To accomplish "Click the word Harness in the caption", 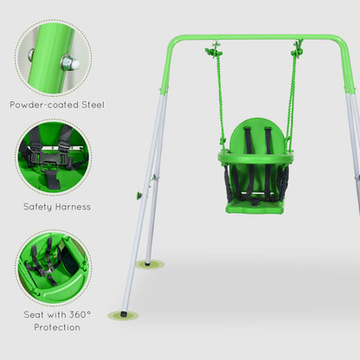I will tap(71, 207).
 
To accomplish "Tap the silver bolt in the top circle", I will tap(69, 62).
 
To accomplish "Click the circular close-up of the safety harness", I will tap(52, 157).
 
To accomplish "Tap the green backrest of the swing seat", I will tap(255, 136).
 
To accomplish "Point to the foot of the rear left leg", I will tap(149, 262).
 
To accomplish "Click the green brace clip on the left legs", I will tap(138, 196).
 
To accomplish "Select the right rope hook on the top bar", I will tap(298, 51).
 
